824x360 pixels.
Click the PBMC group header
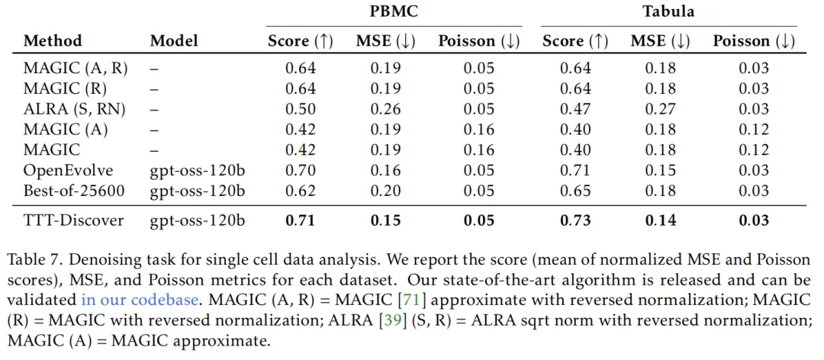click(393, 12)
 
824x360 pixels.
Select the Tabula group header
click(668, 12)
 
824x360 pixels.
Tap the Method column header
click(53, 41)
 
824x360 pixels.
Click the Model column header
click(175, 41)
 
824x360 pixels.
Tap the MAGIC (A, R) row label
click(76, 68)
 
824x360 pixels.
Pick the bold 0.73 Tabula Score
click(576, 222)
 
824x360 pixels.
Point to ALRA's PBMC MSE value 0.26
click(385, 109)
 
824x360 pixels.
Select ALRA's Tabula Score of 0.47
click(576, 109)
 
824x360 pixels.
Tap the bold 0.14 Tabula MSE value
click(660, 222)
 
